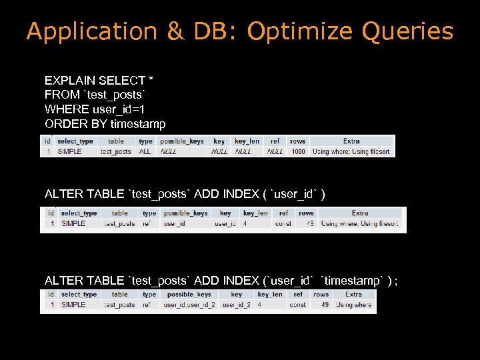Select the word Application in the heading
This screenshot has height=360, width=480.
tap(91, 31)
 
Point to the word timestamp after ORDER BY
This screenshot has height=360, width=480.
tap(138, 123)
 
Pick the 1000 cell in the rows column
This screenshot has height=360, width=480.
tap(298, 151)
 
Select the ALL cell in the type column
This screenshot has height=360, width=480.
tap(145, 151)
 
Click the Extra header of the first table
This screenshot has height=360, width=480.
tap(351, 141)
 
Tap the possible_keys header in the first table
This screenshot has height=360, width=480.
tap(182, 141)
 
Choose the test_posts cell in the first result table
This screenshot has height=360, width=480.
tap(116, 151)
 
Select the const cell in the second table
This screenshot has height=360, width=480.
tap(283, 223)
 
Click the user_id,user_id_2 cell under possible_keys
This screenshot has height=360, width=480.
tap(189, 305)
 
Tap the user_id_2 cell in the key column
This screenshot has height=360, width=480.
tap(237, 305)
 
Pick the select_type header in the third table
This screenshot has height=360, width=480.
tap(79, 294)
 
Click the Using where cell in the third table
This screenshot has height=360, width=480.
tap(354, 305)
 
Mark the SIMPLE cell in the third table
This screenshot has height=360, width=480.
tap(73, 305)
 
